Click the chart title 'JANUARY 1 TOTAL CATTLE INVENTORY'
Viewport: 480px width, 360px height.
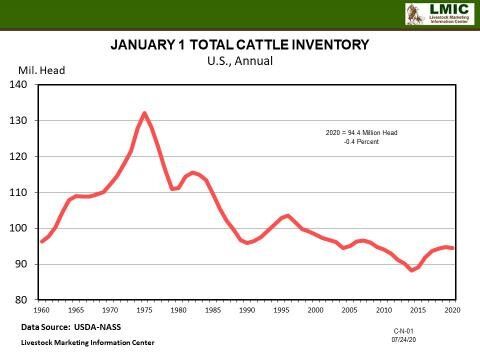(x=239, y=45)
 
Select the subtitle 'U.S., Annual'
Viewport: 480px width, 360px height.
(x=239, y=60)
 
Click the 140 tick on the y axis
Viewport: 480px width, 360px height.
(x=20, y=85)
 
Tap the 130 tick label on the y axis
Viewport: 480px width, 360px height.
(x=20, y=121)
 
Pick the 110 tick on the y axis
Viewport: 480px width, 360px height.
(x=20, y=192)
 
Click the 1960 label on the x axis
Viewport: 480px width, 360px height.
(x=41, y=311)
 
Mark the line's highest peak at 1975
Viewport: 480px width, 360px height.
(x=144, y=113)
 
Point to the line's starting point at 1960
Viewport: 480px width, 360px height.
(x=42, y=241)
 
